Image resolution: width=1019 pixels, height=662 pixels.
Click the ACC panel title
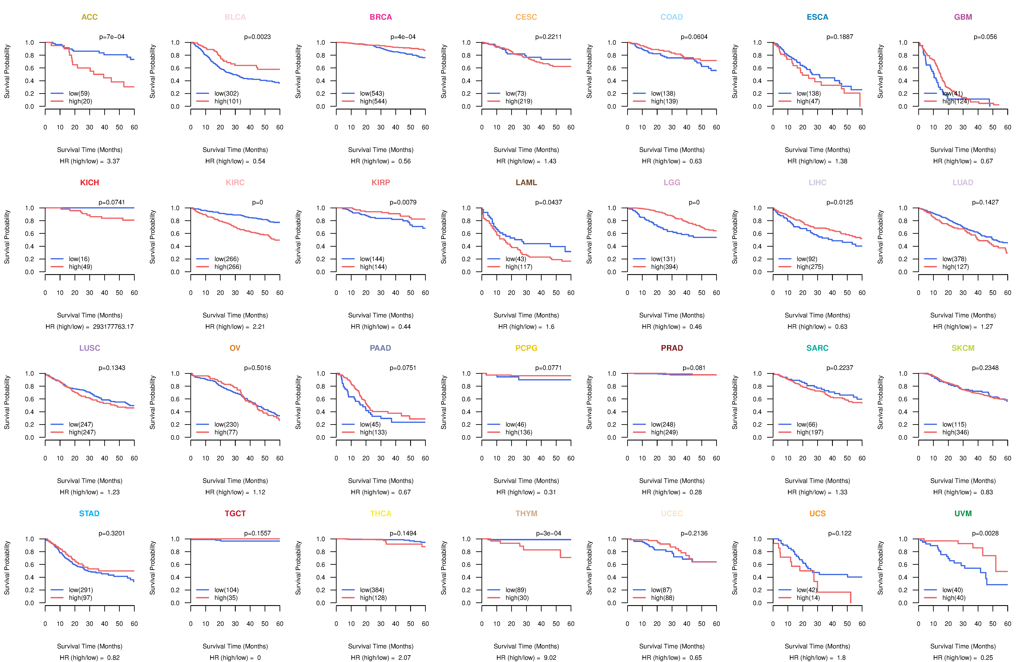90,17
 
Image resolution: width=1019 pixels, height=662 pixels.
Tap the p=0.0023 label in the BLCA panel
257,37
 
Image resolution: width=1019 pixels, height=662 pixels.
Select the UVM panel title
963,513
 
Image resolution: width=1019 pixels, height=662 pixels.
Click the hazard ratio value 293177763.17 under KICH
113,327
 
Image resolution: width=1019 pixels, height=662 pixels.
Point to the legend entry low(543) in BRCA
372,93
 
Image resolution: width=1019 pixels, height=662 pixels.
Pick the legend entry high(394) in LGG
664,267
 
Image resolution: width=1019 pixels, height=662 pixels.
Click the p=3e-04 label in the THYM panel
548,533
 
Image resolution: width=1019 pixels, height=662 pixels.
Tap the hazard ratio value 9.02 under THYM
550,658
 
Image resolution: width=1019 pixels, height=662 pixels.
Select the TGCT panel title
235,513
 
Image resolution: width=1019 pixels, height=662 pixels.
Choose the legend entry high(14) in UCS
808,598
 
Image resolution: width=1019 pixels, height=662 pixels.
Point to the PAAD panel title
380,348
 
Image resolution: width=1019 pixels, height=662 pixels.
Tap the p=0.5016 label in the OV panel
257,368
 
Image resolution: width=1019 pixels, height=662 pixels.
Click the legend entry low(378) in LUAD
954,259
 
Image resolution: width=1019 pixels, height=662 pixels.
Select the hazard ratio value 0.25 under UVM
986,658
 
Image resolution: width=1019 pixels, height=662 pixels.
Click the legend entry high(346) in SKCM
955,432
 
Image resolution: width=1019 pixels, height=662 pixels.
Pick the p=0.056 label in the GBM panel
985,37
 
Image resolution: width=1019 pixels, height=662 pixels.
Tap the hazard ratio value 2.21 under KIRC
259,327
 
